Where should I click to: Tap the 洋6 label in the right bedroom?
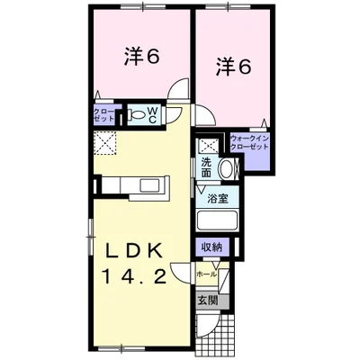tap(232, 67)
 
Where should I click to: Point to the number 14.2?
tap(134, 279)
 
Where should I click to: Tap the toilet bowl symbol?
tap(136, 115)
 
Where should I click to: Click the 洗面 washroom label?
tap(207, 166)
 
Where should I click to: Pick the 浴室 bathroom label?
tap(216, 199)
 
